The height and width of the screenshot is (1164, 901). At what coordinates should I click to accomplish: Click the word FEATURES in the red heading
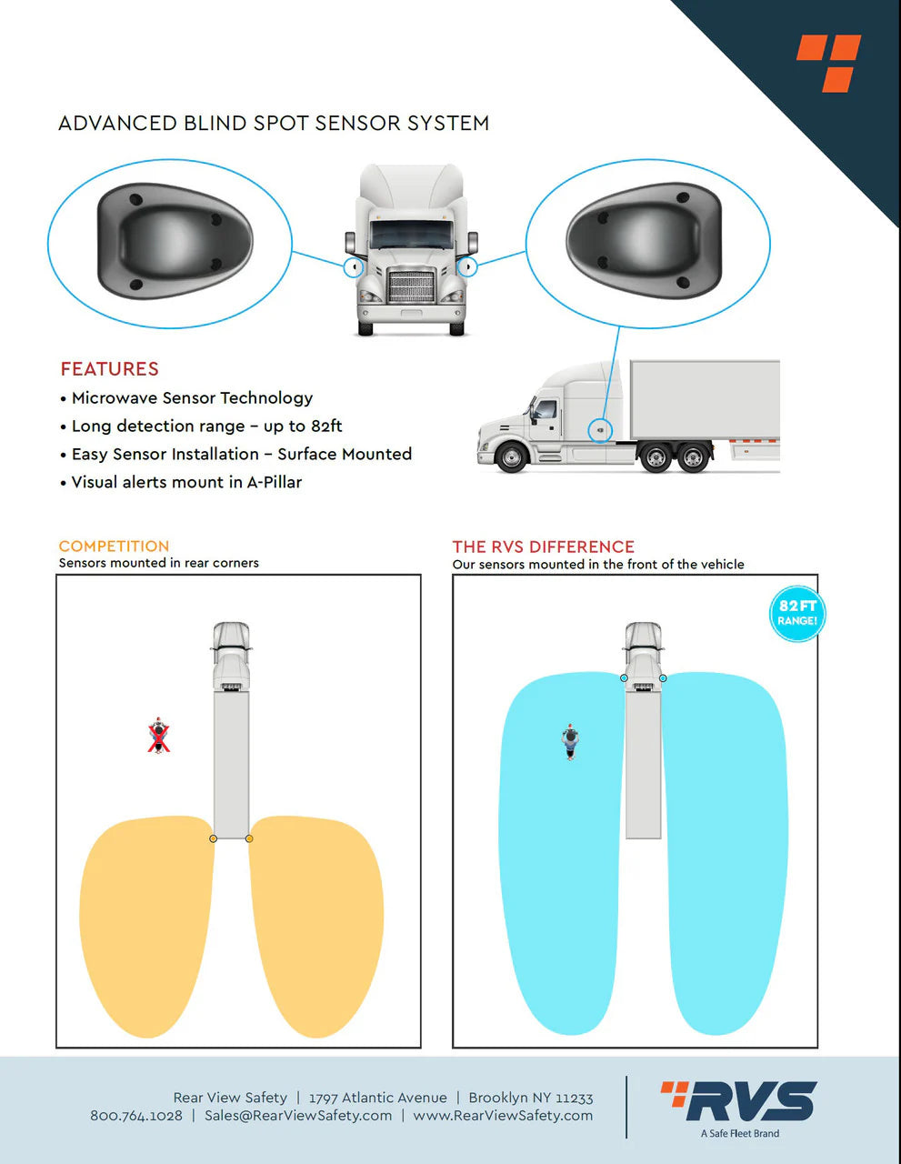(x=109, y=368)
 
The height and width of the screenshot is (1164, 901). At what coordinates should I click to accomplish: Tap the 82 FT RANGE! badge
(x=796, y=613)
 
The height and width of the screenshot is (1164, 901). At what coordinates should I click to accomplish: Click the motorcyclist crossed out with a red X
(x=160, y=736)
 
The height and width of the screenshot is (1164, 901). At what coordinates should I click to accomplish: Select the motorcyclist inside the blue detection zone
(x=570, y=741)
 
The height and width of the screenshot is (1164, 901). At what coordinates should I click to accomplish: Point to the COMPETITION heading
(x=114, y=546)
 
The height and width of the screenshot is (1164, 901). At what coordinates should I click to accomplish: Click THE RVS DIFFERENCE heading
(x=543, y=547)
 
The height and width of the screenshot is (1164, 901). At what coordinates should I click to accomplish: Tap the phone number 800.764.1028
(x=136, y=1116)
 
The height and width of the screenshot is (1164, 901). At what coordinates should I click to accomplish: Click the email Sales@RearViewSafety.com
(x=297, y=1116)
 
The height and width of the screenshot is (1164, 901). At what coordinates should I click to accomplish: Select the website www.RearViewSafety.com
(x=502, y=1116)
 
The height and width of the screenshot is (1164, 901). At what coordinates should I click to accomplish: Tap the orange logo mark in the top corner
(x=828, y=63)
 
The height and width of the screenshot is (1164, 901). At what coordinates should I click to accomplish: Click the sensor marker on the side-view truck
(x=600, y=429)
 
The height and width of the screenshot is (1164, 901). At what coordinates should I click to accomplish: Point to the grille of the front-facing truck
(x=411, y=286)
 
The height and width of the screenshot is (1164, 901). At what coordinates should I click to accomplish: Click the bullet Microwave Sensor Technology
(x=192, y=397)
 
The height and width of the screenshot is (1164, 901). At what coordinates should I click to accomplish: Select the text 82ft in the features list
(x=325, y=426)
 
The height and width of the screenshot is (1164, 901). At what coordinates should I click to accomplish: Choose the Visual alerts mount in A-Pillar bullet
(x=186, y=482)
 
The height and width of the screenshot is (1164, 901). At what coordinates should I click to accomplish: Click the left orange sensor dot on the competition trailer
(x=213, y=838)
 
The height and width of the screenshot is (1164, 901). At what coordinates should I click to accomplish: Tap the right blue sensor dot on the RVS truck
(x=663, y=678)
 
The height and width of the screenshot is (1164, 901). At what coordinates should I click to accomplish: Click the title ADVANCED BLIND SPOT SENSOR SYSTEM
(x=274, y=123)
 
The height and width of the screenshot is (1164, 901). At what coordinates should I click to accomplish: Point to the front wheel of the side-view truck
(x=512, y=456)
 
